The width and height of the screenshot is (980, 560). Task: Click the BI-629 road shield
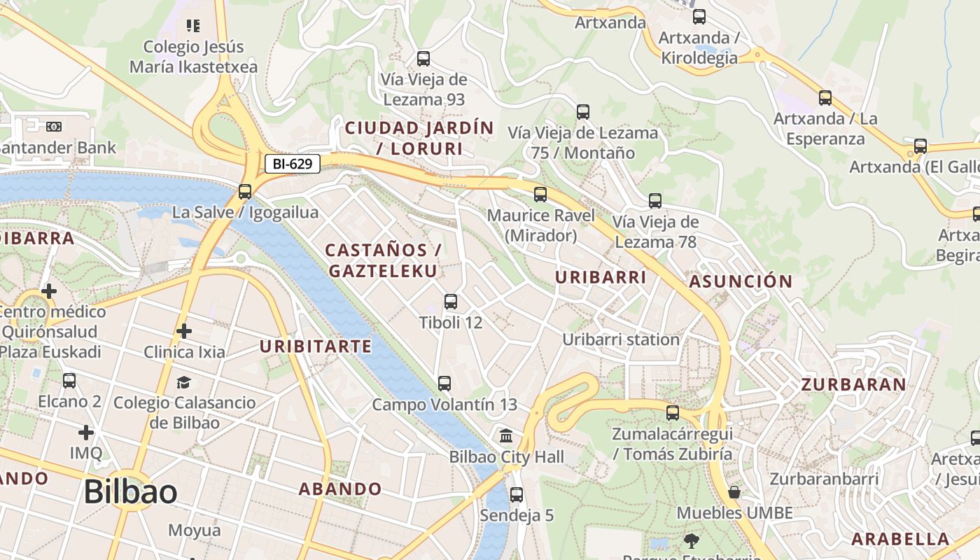(293, 164)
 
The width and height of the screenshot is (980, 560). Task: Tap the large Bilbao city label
(130, 492)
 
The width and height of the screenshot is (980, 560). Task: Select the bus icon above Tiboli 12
(451, 302)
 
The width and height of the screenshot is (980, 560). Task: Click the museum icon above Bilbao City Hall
(506, 437)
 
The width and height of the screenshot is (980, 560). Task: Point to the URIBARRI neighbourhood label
(601, 277)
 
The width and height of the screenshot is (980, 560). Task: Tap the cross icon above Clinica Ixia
(184, 330)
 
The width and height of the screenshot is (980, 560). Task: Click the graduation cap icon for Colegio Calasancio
(183, 382)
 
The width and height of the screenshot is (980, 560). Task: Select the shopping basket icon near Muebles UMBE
(734, 492)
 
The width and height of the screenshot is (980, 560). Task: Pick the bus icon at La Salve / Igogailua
(245, 192)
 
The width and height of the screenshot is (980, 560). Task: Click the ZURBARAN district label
(853, 384)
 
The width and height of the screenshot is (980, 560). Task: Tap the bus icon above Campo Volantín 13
(444, 384)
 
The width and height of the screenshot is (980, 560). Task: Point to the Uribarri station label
(621, 339)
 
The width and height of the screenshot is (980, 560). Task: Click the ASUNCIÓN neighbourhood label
(741, 281)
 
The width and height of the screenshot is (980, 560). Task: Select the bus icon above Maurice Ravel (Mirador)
(540, 195)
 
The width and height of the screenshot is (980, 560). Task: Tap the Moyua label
(195, 530)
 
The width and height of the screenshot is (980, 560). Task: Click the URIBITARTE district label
(316, 346)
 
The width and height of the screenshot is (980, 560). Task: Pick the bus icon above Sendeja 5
(517, 495)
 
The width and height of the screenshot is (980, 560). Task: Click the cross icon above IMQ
(86, 433)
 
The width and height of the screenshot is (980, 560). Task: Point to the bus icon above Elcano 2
(69, 381)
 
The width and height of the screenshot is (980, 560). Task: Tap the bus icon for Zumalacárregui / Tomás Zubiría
(673, 413)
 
